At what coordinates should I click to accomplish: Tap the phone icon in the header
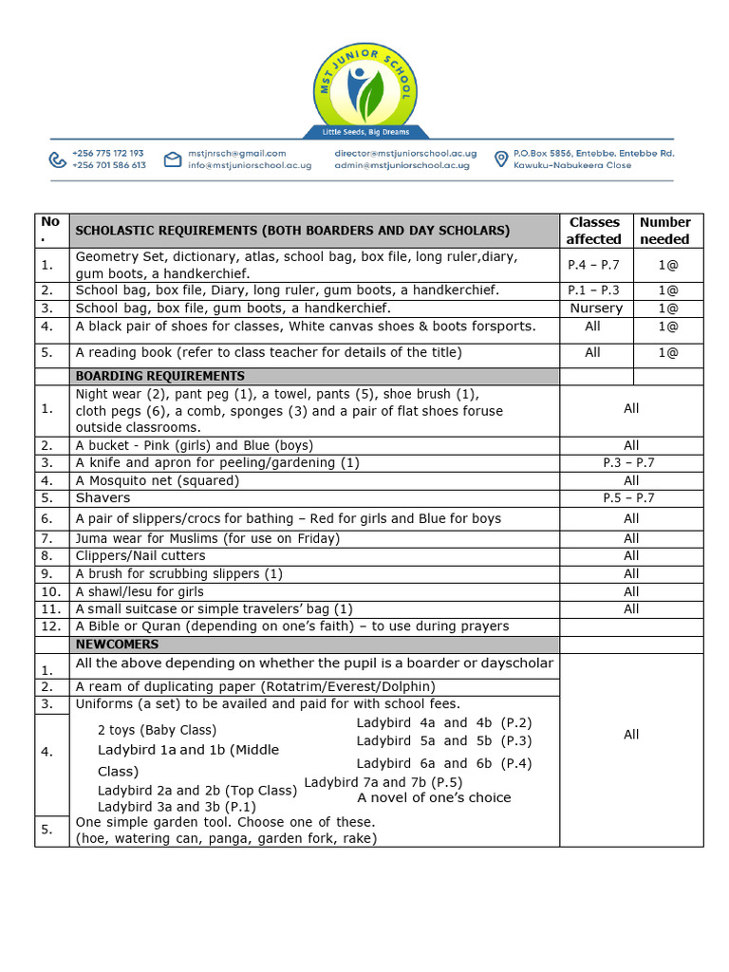(x=59, y=159)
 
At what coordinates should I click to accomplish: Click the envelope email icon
(x=172, y=159)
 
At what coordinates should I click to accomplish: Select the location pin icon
(x=500, y=159)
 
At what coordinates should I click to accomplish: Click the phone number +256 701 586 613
(x=108, y=165)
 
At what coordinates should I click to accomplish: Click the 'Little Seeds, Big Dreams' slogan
(x=364, y=131)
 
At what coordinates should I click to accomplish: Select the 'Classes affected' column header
(x=593, y=231)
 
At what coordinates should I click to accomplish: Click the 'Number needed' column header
(x=664, y=231)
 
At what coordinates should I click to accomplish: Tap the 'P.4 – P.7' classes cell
(x=593, y=265)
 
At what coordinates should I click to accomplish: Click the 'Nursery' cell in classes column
(x=596, y=308)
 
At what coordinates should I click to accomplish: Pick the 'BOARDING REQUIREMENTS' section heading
(x=159, y=376)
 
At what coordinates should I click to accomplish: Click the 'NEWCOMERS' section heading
(x=118, y=645)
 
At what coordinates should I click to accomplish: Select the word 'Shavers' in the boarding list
(x=103, y=498)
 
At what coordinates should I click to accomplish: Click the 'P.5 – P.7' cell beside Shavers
(x=628, y=498)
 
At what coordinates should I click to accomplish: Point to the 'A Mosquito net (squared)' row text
(x=157, y=480)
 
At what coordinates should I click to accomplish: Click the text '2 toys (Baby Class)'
(x=157, y=730)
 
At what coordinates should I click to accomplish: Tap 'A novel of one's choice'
(x=434, y=798)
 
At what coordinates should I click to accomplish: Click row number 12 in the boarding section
(x=50, y=626)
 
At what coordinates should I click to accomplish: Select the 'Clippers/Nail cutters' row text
(x=140, y=556)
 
